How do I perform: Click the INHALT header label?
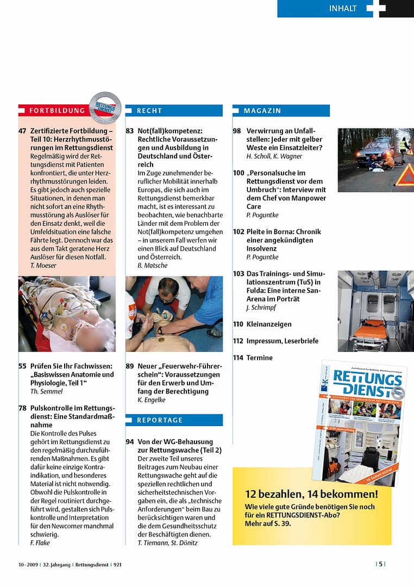[x=343, y=8]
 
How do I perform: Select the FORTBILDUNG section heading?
[x=57, y=110]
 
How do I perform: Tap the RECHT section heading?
[x=149, y=110]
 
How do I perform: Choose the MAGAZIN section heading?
[x=262, y=110]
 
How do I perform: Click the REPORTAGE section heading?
[x=160, y=420]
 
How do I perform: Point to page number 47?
[x=22, y=131]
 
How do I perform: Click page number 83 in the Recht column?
[x=130, y=131]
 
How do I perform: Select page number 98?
[x=237, y=131]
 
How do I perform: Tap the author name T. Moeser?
[x=43, y=265]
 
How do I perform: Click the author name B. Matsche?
[x=153, y=265]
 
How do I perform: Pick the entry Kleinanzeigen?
[x=269, y=324]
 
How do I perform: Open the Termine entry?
[x=259, y=358]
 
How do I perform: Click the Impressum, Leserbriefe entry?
[x=282, y=341]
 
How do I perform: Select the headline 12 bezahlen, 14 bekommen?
[x=311, y=494]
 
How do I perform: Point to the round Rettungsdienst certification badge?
[x=105, y=107]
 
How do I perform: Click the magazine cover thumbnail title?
[x=361, y=383]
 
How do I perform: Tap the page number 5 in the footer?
[x=381, y=564]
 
